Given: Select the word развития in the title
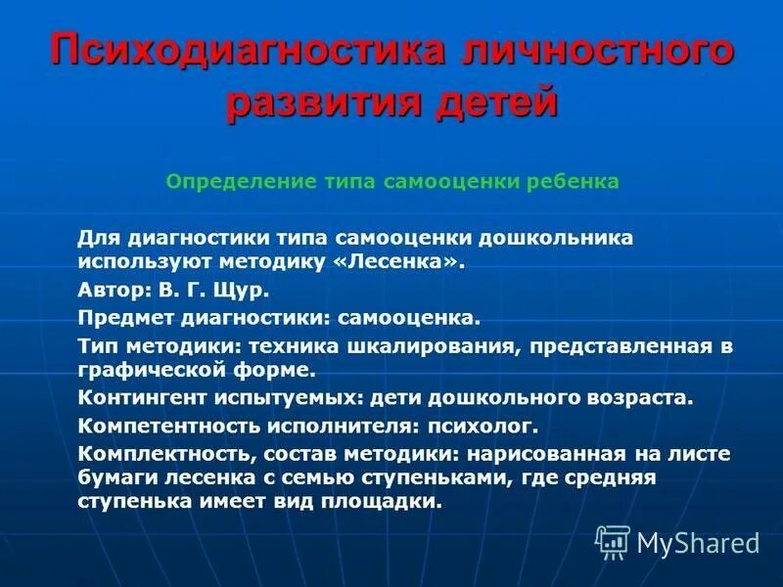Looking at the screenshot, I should (x=310, y=102).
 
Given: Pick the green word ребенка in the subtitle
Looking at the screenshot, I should (x=576, y=182).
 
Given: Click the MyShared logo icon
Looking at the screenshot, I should (x=613, y=542).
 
